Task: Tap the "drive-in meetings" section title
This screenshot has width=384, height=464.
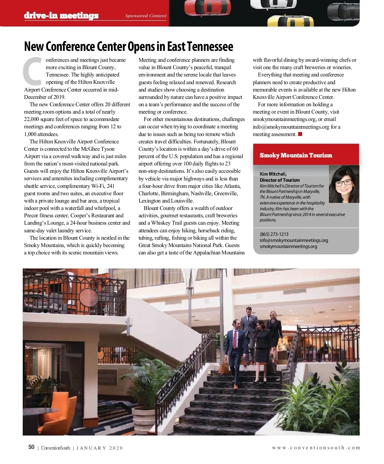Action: (61, 15)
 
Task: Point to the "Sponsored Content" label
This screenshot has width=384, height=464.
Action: (146, 16)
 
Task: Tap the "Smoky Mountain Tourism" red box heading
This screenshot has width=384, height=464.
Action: (296, 156)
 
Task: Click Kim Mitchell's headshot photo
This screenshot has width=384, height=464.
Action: (344, 184)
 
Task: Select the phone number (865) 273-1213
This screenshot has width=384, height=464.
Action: (274, 234)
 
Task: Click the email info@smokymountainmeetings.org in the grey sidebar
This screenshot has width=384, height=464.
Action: (294, 240)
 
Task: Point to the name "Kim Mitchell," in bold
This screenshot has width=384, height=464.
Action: (273, 174)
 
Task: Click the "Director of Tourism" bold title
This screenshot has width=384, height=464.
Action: (280, 180)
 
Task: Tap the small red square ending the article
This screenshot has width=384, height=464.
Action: (300, 134)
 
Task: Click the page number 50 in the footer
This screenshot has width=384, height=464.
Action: (31, 447)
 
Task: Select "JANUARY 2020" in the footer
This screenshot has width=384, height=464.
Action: (100, 448)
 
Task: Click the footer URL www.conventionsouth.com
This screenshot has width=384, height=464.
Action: (316, 448)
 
